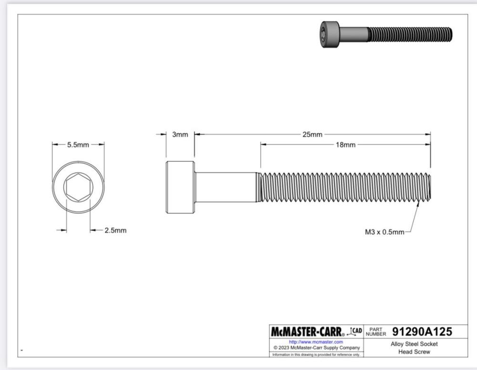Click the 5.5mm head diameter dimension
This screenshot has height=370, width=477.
(78, 145)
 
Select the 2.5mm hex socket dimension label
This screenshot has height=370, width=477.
(115, 230)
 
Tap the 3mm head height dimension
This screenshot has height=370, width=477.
(180, 135)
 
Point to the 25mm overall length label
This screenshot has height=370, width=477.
(312, 135)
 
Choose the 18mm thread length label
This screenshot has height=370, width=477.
(346, 145)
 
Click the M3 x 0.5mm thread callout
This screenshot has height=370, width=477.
(384, 232)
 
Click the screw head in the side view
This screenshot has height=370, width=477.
(180, 188)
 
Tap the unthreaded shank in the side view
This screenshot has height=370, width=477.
(227, 187)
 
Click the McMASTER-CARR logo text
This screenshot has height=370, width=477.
(310, 331)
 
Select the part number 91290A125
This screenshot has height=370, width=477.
(422, 331)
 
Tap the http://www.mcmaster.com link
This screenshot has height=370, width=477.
(316, 342)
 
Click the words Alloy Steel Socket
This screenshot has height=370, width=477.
(414, 344)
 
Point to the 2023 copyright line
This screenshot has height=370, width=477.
(316, 348)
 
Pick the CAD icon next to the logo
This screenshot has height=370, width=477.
(356, 331)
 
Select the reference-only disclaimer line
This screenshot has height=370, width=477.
(316, 354)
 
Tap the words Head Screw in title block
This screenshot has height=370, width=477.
(414, 352)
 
